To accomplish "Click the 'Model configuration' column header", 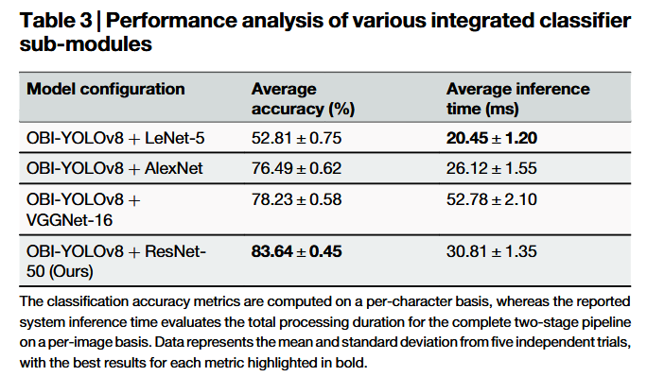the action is [x=106, y=89].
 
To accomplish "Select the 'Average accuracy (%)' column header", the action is [x=304, y=99].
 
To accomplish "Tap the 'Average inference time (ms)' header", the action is [x=517, y=99].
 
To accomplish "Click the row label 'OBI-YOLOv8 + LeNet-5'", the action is [x=115, y=138].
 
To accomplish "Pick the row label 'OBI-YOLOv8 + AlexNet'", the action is [x=114, y=168].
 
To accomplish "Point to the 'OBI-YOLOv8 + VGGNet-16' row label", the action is [x=83, y=210].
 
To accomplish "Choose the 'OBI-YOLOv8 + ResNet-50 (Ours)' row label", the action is [x=116, y=262].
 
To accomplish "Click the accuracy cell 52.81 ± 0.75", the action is [x=296, y=138].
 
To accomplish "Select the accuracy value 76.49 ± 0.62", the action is [x=296, y=168].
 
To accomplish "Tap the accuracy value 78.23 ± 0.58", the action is [x=296, y=199].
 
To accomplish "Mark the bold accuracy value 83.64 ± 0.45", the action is [x=296, y=251].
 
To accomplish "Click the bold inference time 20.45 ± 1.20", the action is [x=492, y=138].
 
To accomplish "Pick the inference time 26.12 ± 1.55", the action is [x=492, y=168].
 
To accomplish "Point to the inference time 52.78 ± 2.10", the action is [x=492, y=199].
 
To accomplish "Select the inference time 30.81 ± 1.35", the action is [x=492, y=251].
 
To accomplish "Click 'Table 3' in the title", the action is [x=56, y=21].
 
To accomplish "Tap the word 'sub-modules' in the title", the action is [x=86, y=44].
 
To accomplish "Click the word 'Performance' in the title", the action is [x=171, y=21].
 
